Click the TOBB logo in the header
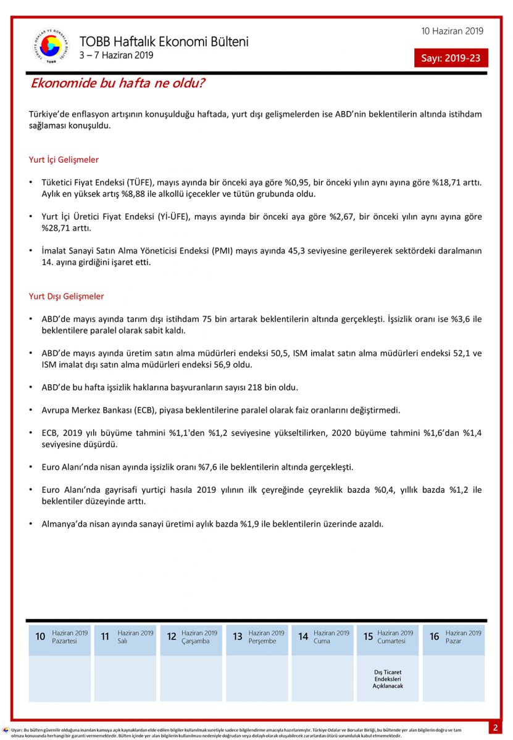click(51, 46)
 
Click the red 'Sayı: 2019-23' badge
click(451, 59)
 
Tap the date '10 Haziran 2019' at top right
click(453, 31)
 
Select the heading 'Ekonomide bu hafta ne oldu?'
click(118, 83)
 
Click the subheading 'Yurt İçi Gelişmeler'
click(64, 160)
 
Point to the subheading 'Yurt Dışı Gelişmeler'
click(66, 297)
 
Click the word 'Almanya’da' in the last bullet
click(64, 524)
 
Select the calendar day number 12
click(172, 636)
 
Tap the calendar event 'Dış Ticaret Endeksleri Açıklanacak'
click(388, 679)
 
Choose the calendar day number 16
click(434, 636)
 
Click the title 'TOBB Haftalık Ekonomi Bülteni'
click(164, 42)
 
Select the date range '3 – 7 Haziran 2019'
click(116, 55)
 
